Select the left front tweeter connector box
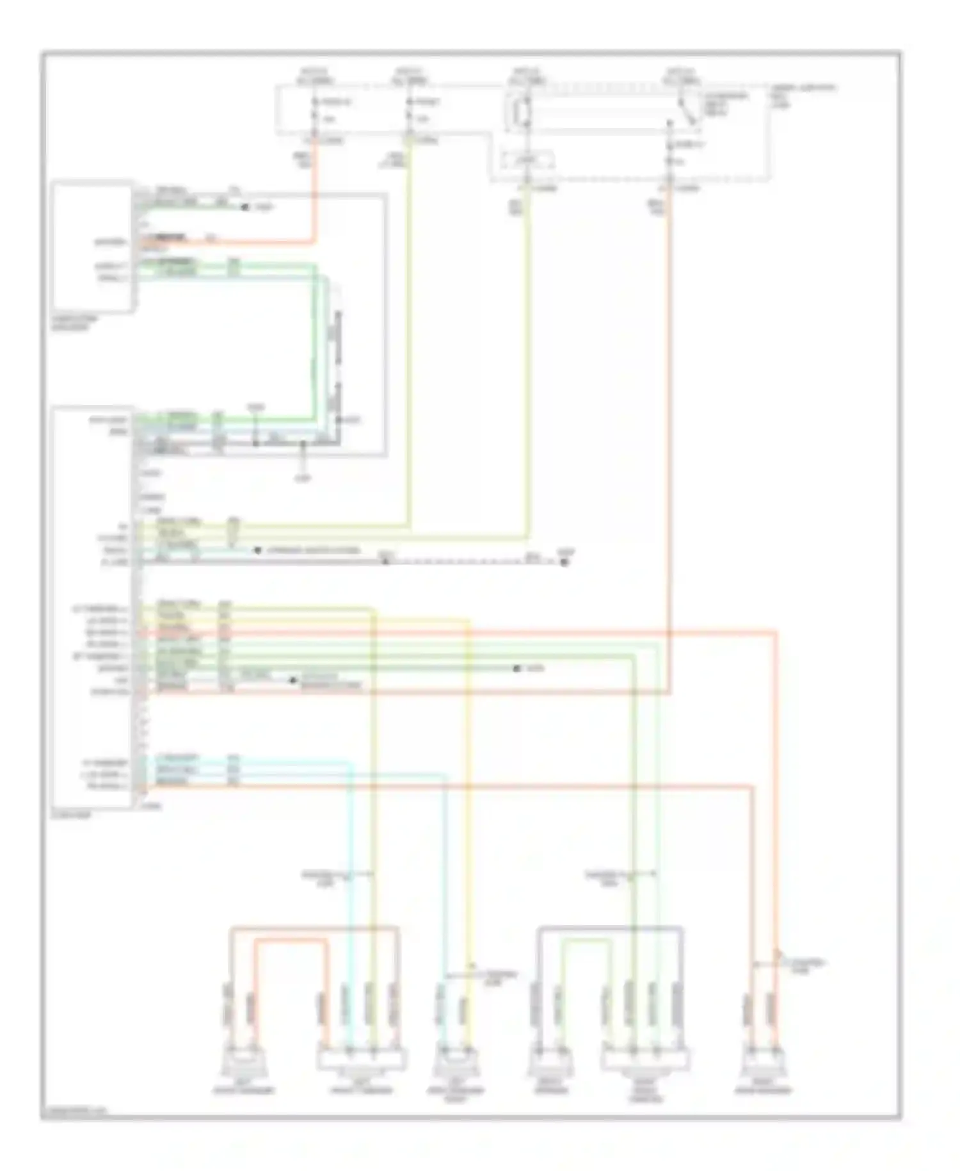click(x=362, y=1060)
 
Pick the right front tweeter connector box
click(x=645, y=1060)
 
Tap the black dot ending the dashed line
click(x=564, y=562)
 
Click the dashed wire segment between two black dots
click(x=474, y=562)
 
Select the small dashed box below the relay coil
click(x=525, y=161)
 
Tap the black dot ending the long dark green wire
click(x=516, y=668)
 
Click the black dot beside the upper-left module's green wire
click(x=244, y=207)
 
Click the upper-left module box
click(x=93, y=247)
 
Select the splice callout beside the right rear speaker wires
click(x=803, y=965)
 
